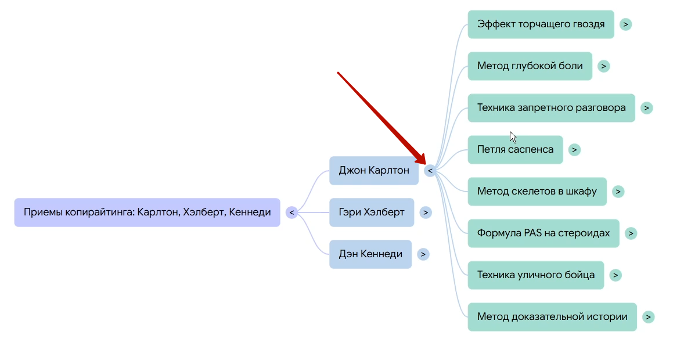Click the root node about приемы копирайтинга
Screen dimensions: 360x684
coord(147,213)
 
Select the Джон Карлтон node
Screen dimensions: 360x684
coord(374,171)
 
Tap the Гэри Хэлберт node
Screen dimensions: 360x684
coord(372,213)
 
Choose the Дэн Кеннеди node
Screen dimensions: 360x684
coord(370,254)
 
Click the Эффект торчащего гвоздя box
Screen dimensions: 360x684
coord(541,24)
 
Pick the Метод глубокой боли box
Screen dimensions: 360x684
coord(530,66)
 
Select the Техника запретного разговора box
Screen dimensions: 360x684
coord(551,108)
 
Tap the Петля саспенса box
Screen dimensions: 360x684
coord(515,150)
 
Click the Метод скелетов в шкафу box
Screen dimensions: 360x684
coord(537,192)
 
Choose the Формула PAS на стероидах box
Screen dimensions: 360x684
coord(543,233)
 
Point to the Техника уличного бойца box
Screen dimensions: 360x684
coord(535,275)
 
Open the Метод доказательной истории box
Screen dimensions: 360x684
coord(552,317)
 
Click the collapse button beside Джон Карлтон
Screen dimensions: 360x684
coord(430,171)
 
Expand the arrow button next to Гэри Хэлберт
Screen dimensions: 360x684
coord(426,213)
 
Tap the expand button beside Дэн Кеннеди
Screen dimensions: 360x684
coord(423,254)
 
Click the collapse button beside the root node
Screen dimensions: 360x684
coord(291,213)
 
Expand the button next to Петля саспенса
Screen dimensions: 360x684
coord(574,150)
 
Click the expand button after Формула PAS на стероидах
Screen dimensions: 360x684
coord(631,233)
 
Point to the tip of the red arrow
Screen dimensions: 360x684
coord(425,165)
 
